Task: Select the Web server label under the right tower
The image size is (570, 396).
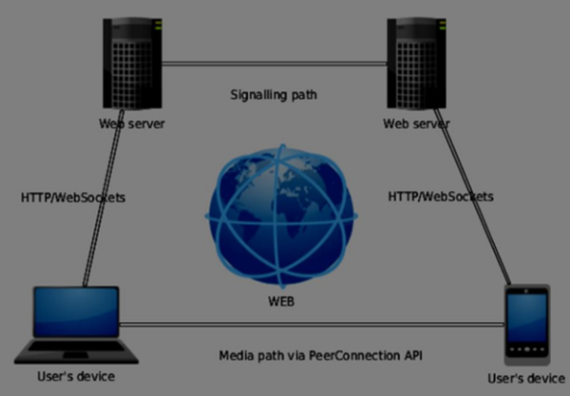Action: pos(416,123)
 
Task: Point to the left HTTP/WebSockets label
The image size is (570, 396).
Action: pos(73,198)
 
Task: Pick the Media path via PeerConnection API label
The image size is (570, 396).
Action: pos(319,355)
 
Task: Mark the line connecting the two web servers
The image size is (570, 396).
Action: pos(274,64)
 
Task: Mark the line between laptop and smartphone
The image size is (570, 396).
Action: pos(313,326)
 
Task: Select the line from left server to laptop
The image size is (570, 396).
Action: pos(103,204)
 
